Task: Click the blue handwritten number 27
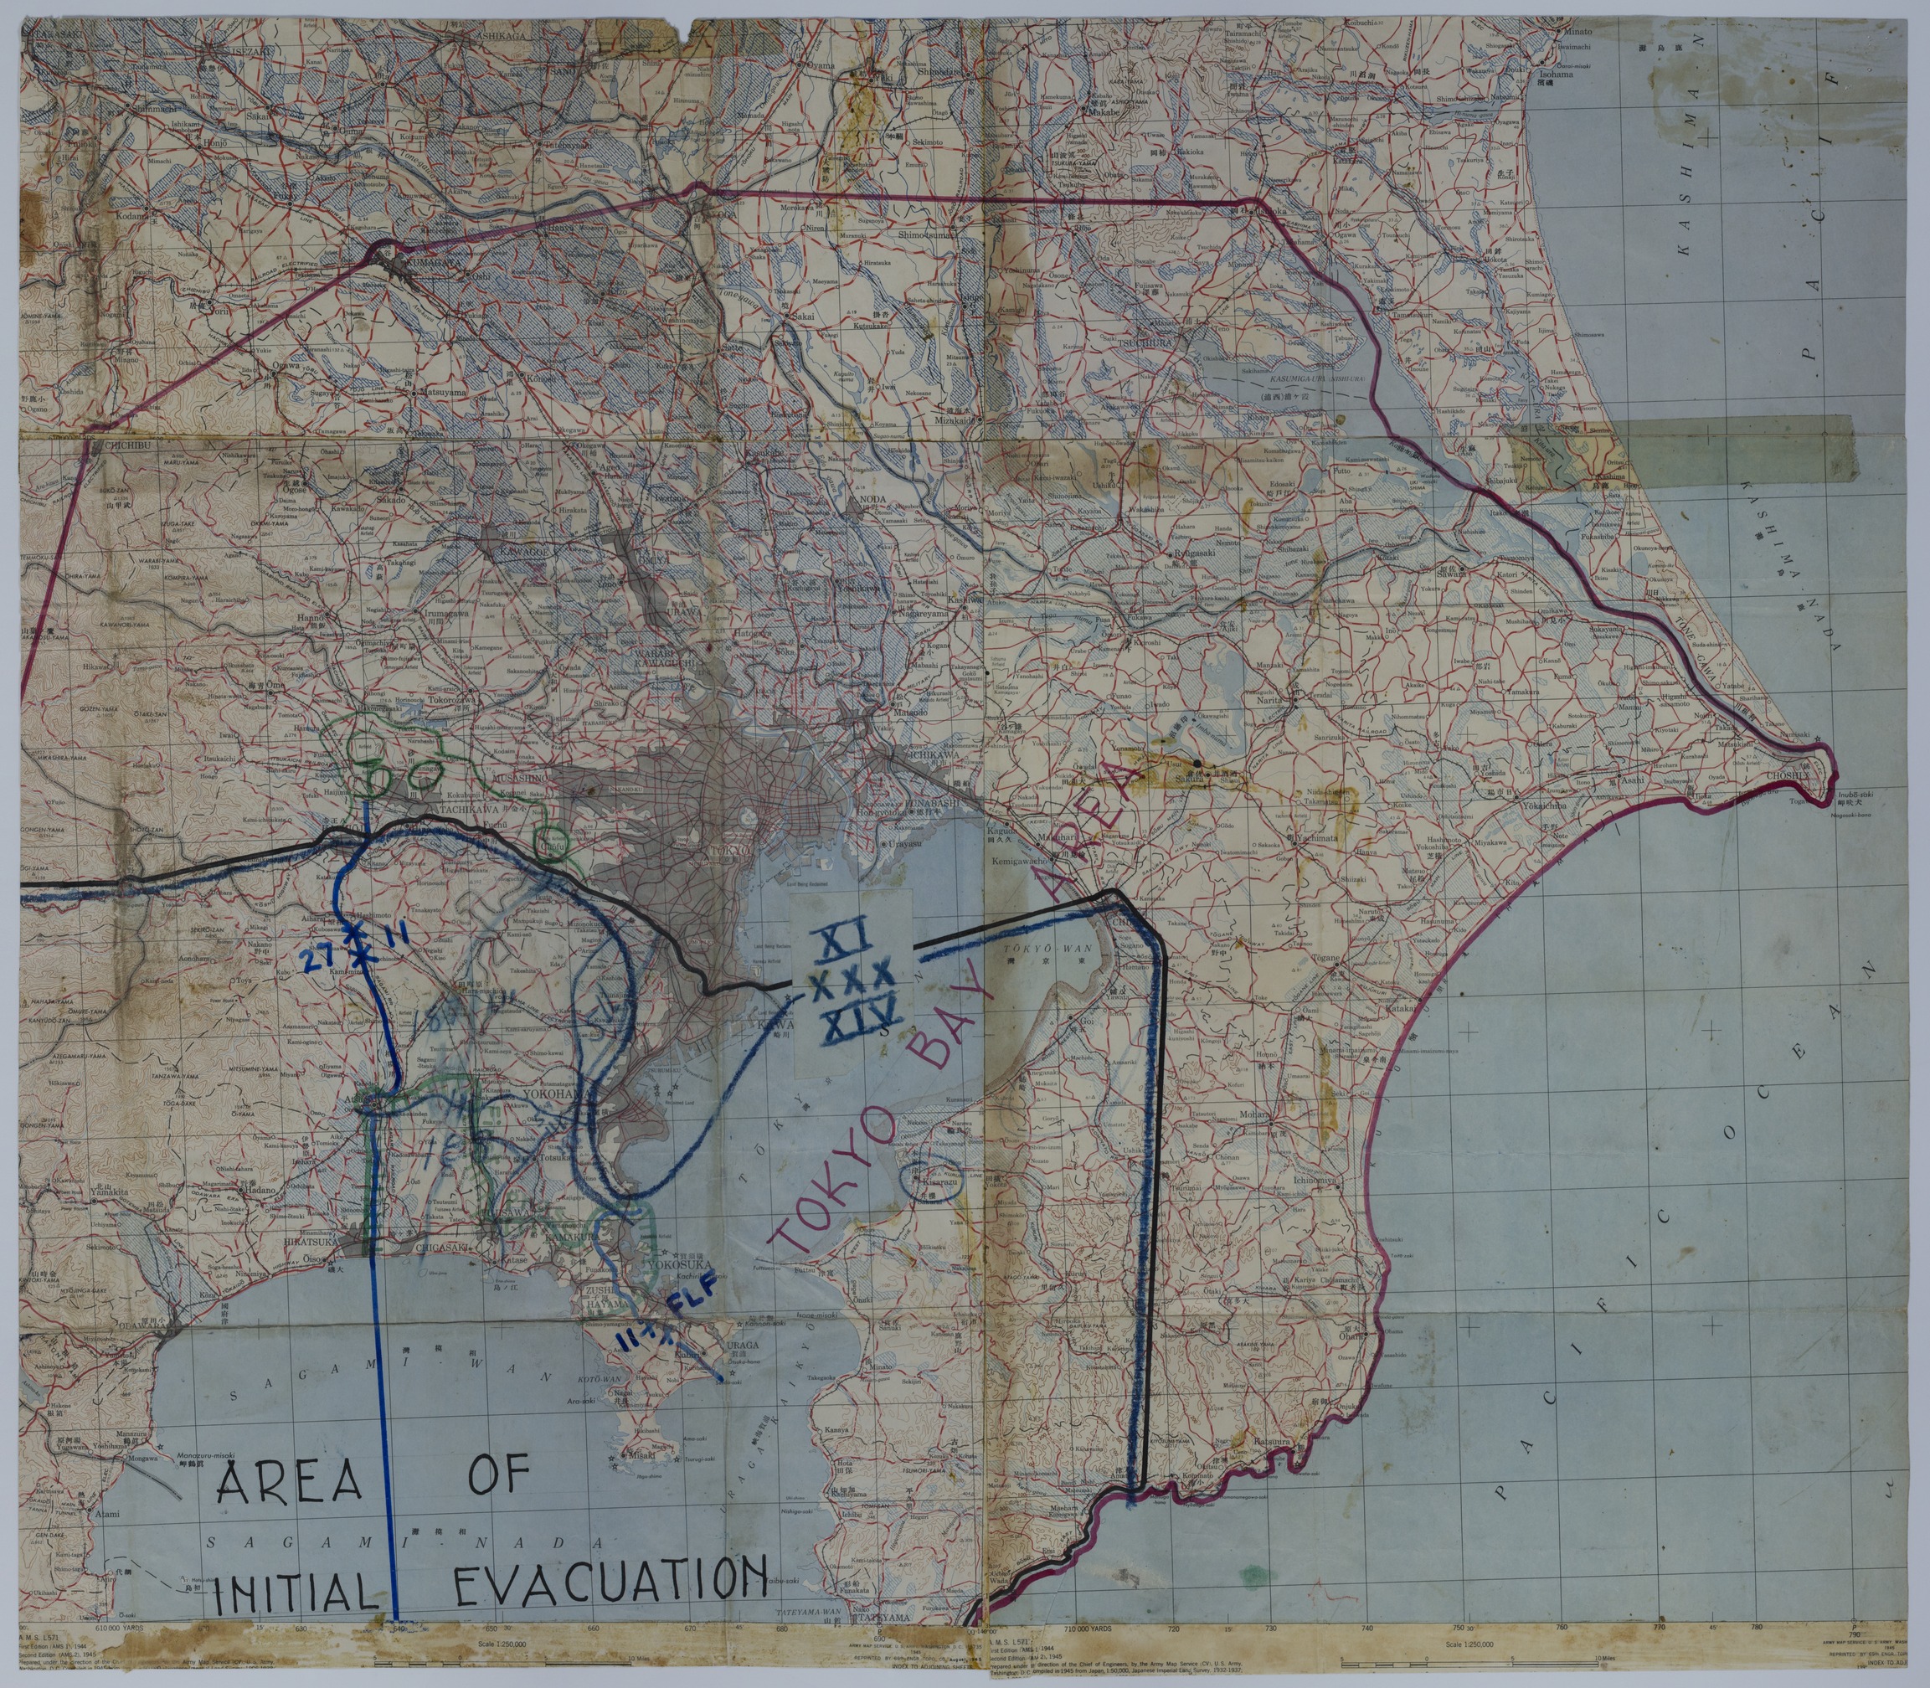pos(316,958)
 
